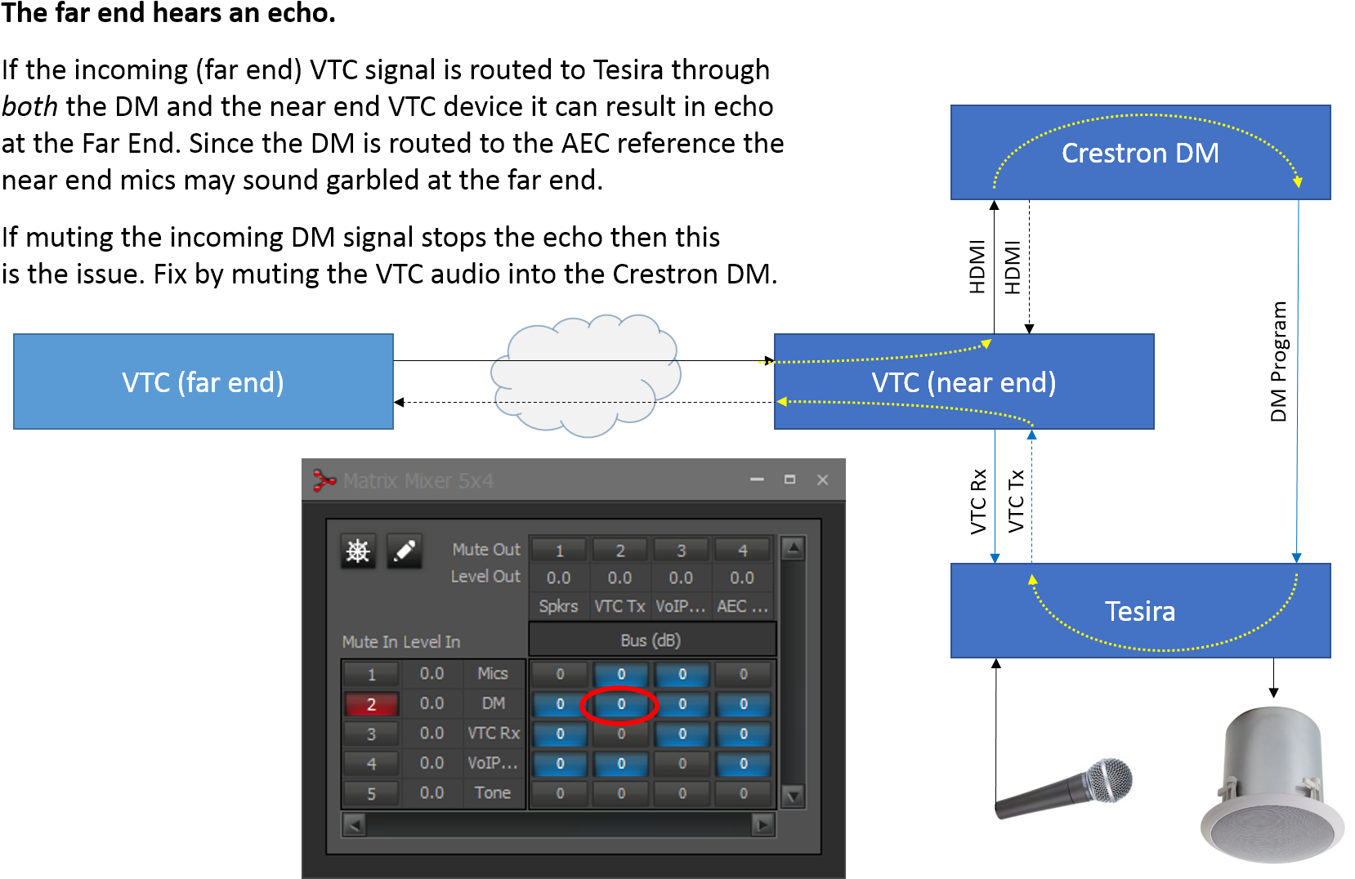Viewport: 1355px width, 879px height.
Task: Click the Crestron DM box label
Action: click(1139, 153)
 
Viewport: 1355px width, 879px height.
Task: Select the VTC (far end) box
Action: click(203, 381)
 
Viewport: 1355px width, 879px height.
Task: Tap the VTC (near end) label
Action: click(964, 382)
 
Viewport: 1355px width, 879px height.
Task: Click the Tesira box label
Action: click(1139, 611)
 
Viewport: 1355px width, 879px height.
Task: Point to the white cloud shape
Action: click(585, 376)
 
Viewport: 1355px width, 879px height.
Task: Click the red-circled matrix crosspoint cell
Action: click(620, 704)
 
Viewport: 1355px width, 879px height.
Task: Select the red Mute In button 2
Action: click(371, 704)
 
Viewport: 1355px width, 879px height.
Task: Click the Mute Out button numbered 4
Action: click(742, 551)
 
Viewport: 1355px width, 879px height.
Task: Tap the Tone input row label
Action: click(492, 793)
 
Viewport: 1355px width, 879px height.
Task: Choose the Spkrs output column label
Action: click(558, 606)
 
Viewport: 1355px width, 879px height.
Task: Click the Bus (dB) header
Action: click(651, 640)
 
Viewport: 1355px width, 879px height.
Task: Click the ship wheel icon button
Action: click(357, 551)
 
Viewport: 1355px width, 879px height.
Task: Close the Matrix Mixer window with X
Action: click(822, 480)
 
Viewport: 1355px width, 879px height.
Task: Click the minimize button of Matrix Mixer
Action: click(757, 480)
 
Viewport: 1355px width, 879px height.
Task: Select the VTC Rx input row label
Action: click(493, 734)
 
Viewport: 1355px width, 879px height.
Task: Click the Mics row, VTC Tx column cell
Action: click(620, 674)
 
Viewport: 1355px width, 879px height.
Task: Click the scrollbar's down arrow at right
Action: click(793, 796)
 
